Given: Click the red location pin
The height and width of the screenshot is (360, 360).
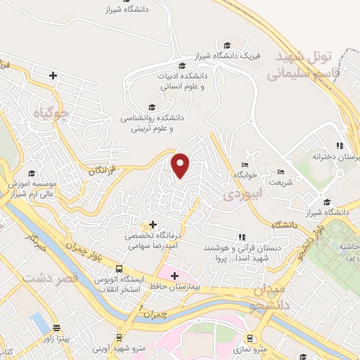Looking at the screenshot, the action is click(x=181, y=165).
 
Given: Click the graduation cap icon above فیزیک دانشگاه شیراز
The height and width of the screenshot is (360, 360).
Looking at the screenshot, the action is click(x=226, y=44).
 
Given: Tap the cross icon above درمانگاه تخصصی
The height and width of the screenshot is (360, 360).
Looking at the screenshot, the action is click(x=153, y=224).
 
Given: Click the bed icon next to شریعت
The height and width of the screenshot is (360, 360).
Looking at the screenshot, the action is click(x=281, y=171).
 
